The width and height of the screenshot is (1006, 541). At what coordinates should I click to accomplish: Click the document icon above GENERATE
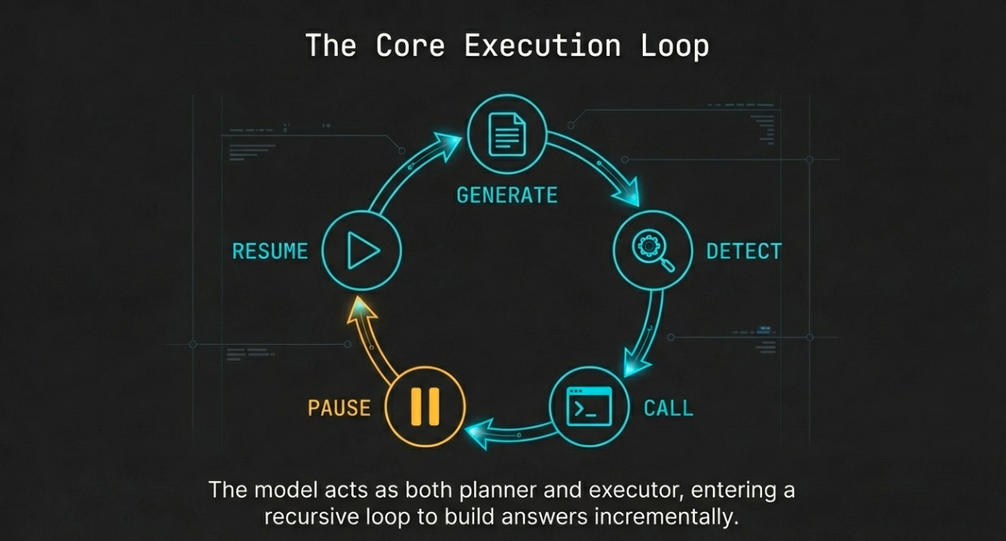pos(507,135)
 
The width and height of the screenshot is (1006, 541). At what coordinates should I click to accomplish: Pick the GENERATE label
pos(507,195)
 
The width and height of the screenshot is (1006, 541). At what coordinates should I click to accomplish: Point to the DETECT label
pos(744,251)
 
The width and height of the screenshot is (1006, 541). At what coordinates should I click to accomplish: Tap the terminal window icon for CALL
pos(589,407)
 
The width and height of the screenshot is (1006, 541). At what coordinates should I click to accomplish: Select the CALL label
pos(668,408)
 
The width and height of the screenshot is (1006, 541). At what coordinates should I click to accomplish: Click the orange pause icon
pos(425,407)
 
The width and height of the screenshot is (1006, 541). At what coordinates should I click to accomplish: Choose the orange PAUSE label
pos(339,408)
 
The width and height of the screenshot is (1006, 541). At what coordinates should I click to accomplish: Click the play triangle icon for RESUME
pos(362,250)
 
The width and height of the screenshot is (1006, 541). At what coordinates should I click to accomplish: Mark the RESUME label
pos(269,251)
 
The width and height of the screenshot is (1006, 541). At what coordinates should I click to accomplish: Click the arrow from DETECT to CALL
pos(648,331)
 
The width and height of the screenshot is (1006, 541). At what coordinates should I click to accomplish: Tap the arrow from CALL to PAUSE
pos(512,433)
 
